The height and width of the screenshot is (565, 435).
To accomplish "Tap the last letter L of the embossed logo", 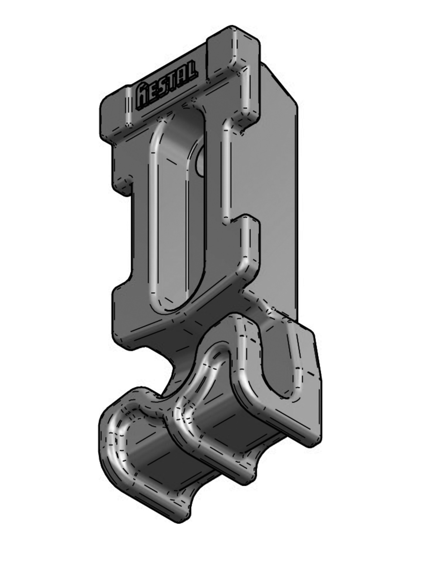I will pos(190,71).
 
